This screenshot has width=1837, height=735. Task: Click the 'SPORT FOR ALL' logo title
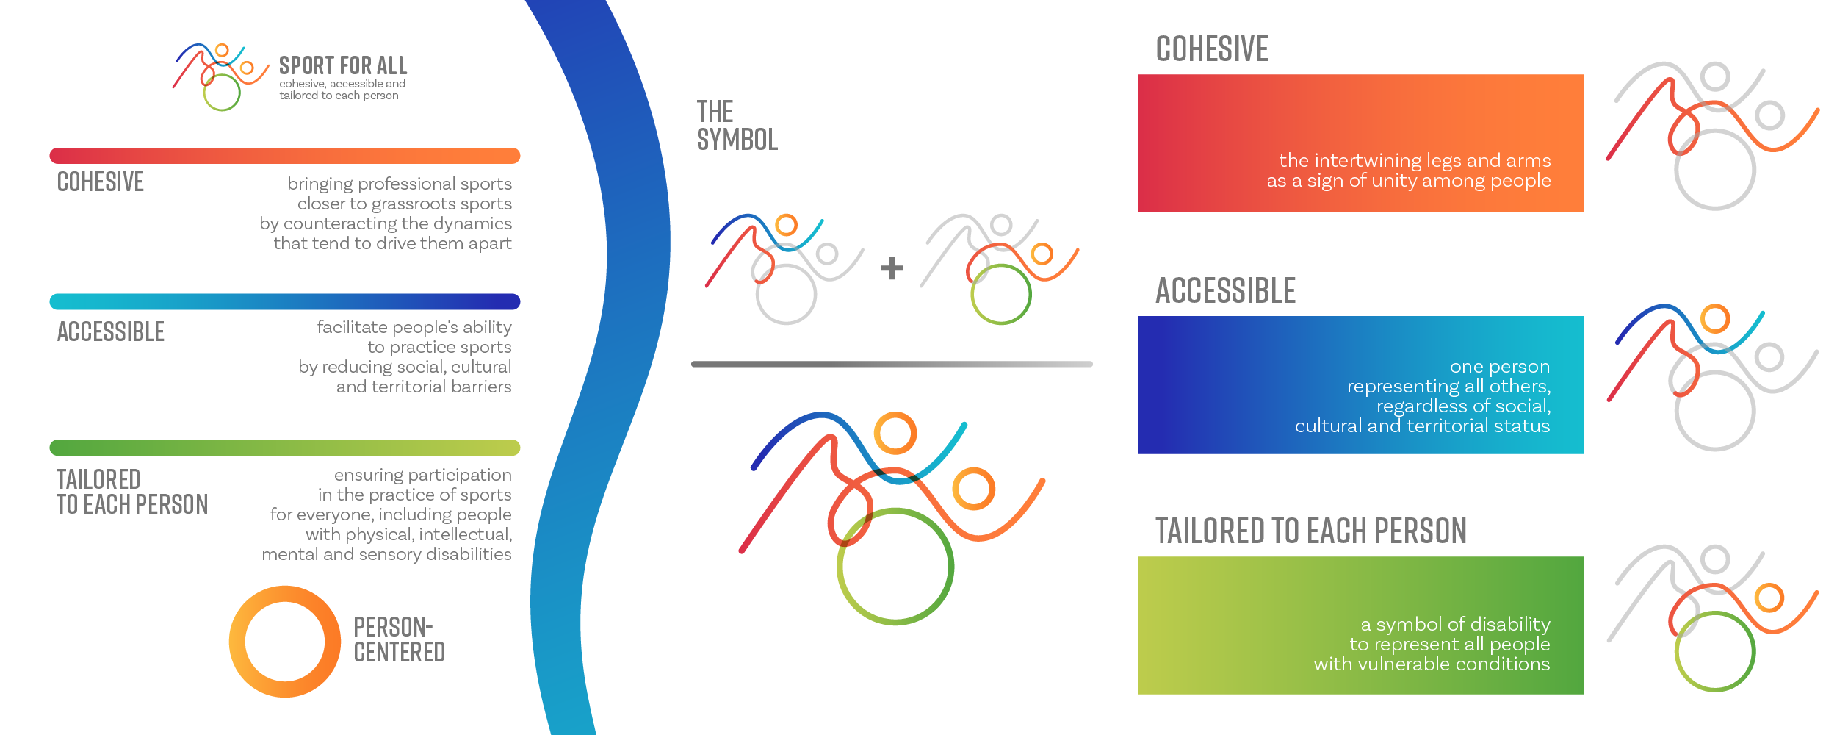(343, 65)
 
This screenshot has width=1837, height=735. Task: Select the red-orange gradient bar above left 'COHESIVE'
(285, 156)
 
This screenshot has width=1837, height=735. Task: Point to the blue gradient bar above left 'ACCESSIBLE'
(285, 302)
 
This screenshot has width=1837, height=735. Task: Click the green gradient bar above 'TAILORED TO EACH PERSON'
(285, 448)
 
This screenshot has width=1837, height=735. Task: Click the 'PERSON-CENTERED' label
(400, 639)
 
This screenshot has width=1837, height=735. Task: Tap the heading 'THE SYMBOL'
(737, 126)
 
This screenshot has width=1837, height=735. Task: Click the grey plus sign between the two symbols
(892, 268)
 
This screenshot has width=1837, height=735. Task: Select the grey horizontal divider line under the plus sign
(892, 364)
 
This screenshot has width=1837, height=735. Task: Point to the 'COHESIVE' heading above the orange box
(1212, 49)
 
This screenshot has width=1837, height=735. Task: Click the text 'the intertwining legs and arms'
(1415, 160)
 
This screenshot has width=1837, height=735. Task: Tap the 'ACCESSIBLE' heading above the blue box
(1225, 290)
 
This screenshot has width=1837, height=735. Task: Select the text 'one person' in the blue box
(1500, 366)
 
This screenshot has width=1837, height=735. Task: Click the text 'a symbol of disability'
(1455, 624)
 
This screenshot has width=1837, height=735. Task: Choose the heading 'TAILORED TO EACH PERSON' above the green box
(1311, 531)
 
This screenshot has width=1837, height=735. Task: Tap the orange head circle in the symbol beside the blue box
(1715, 319)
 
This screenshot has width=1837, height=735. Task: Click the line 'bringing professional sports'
(400, 184)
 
